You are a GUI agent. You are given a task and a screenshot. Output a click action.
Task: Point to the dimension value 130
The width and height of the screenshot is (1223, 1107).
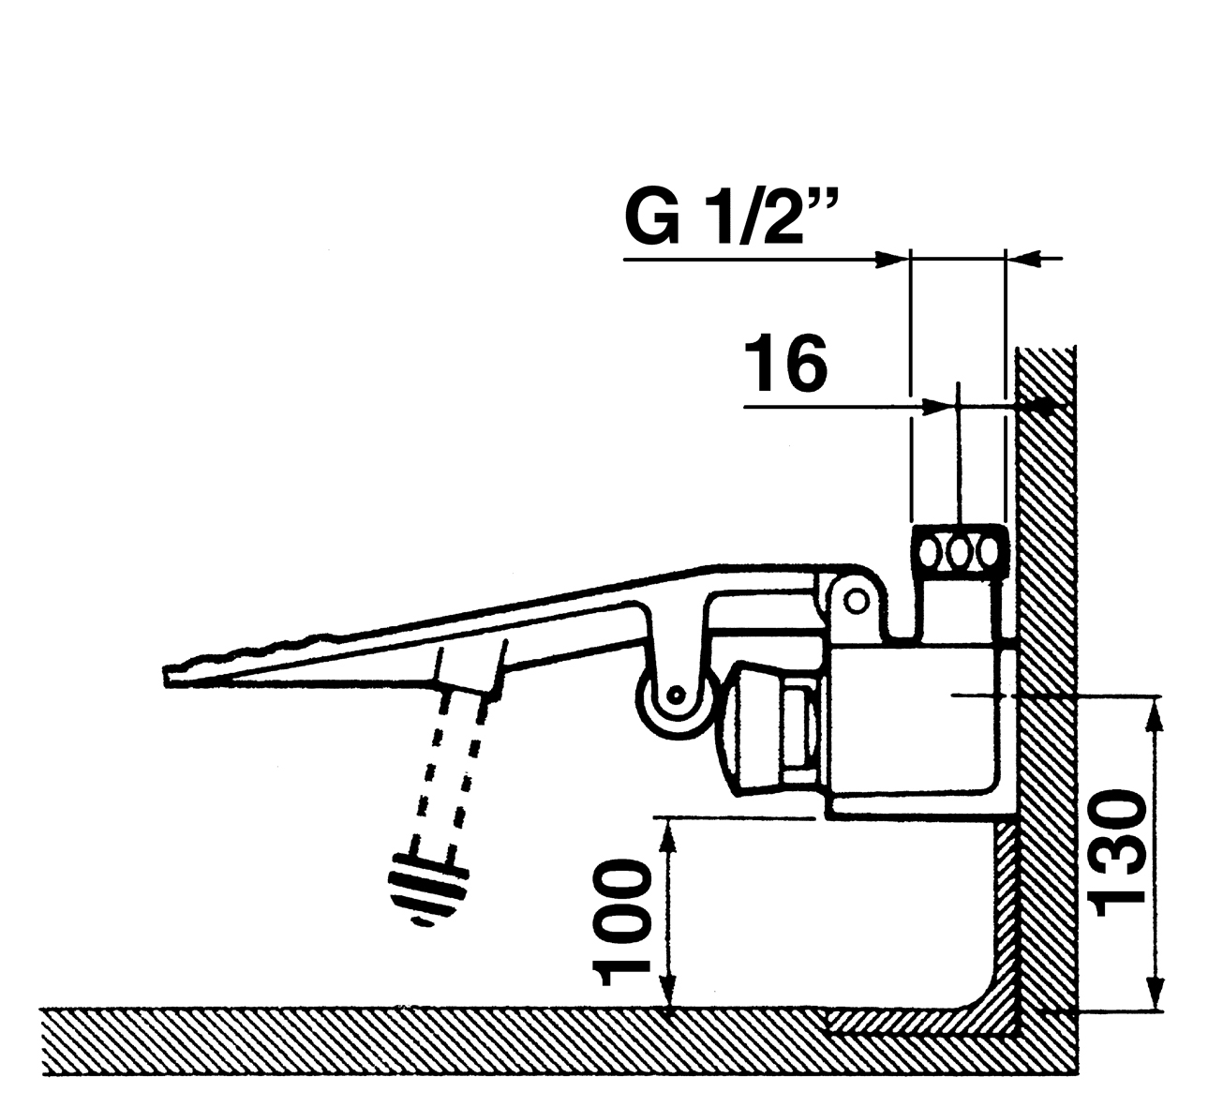coord(1119,848)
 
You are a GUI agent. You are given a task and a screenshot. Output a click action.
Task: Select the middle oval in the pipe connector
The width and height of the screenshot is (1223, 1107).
coord(958,550)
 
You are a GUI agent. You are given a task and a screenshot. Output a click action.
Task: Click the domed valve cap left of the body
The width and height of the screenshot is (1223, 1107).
coord(750,727)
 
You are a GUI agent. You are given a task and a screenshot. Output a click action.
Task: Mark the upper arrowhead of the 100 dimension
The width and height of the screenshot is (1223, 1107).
coord(668,830)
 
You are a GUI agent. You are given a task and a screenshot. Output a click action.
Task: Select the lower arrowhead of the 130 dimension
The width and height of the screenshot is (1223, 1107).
coord(1155,998)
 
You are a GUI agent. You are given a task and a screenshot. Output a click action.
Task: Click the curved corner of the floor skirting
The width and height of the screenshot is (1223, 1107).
coord(984,997)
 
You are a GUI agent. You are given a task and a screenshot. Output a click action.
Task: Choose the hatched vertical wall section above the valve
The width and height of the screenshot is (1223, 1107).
coord(1045,469)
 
